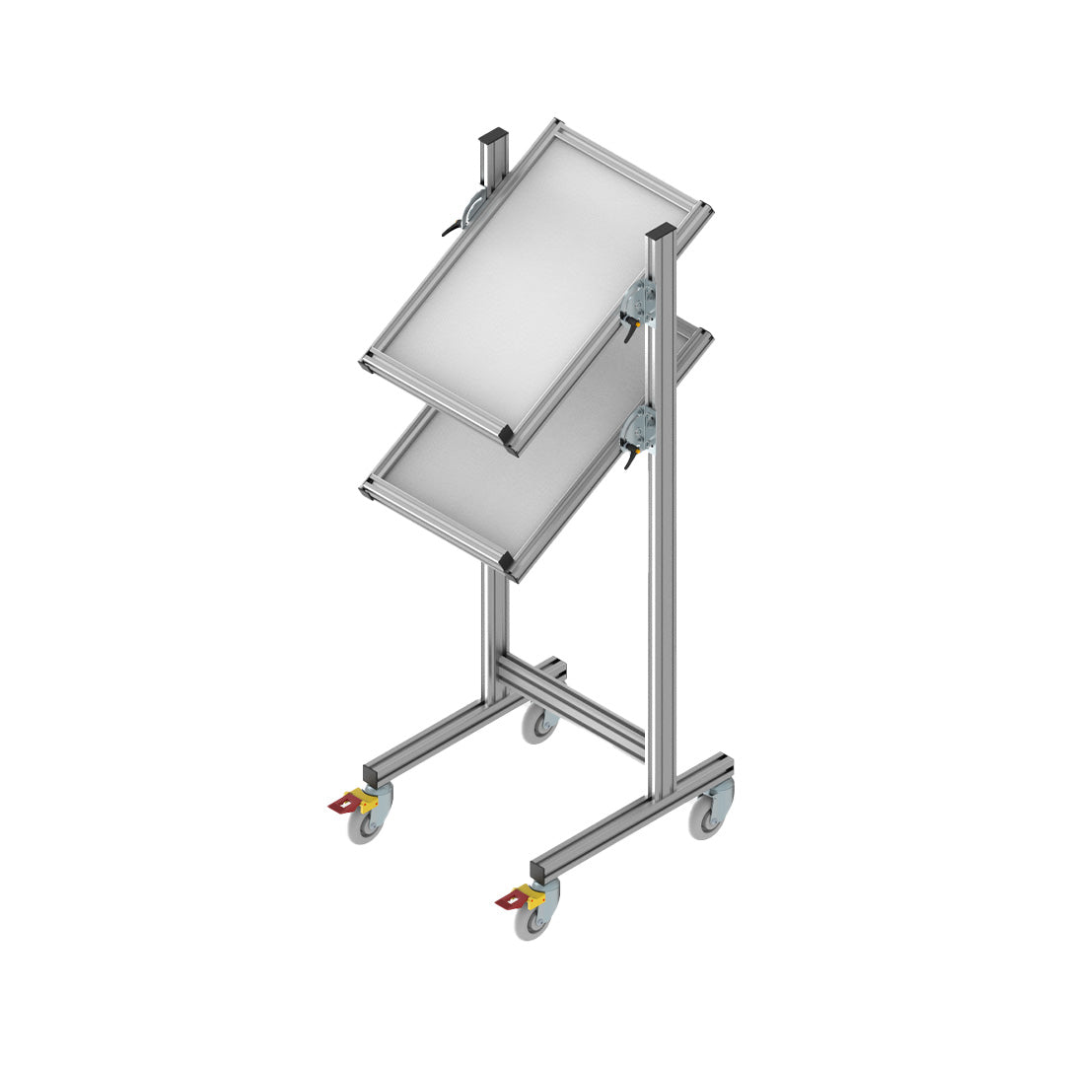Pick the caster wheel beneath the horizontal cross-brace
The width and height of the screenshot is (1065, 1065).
tap(540, 723)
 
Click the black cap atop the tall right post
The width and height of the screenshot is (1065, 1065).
tap(661, 233)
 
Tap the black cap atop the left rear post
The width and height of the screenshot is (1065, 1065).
tap(493, 136)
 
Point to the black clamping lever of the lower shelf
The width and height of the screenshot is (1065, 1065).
tap(627, 457)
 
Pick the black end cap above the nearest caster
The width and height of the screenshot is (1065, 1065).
tap(541, 871)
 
